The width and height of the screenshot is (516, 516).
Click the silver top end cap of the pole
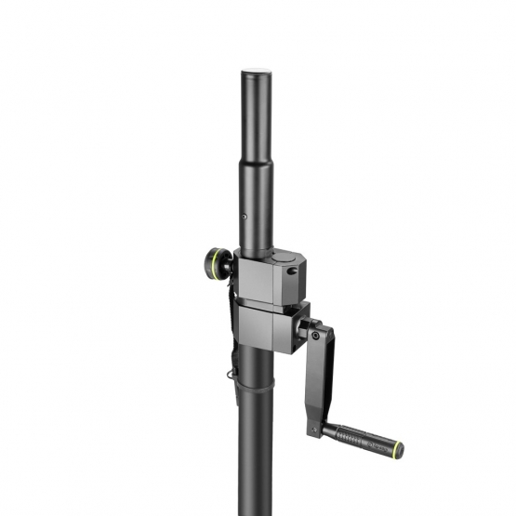coord(257,72)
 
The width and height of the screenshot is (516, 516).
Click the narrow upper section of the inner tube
coord(257,121)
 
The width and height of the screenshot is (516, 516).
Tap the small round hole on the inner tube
coord(245,218)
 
